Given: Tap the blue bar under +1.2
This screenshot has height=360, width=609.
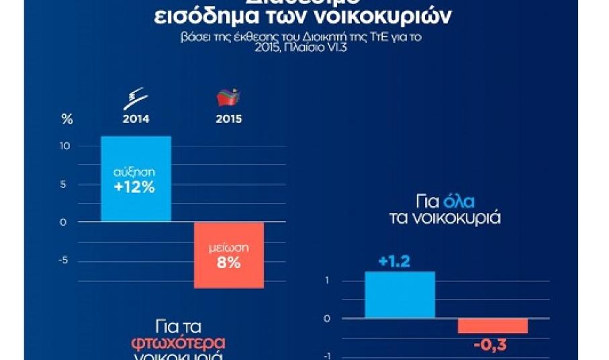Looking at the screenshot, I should point(400,295).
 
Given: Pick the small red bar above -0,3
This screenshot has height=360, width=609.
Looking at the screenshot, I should point(492,326).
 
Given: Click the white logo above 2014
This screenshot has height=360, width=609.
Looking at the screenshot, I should point(136,101).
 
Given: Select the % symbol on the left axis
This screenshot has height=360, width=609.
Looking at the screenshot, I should point(66,120).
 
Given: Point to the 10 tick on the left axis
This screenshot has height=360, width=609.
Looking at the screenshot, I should point(64,146).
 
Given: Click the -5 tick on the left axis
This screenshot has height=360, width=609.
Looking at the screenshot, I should point(63,261).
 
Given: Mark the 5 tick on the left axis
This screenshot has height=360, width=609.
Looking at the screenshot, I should point(64,184).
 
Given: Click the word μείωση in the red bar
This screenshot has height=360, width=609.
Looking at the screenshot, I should point(228,248).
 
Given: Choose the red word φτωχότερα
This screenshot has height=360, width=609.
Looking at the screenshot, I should point(178,343).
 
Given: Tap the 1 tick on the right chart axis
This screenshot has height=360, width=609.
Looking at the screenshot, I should point(326,280).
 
